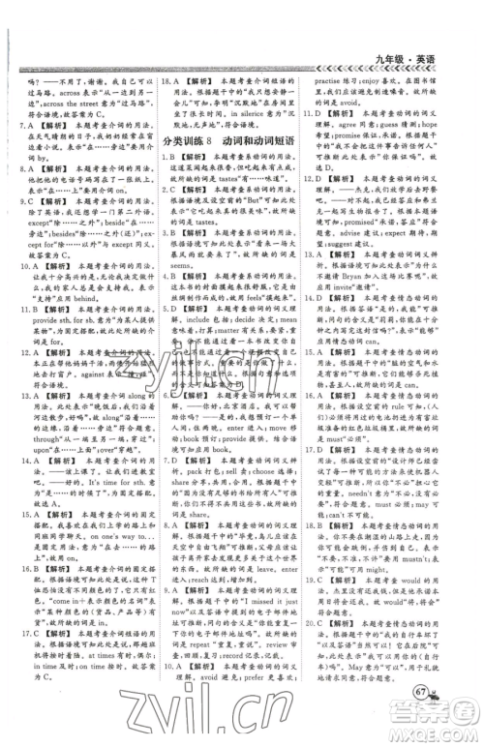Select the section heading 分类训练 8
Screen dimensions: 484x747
192,142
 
